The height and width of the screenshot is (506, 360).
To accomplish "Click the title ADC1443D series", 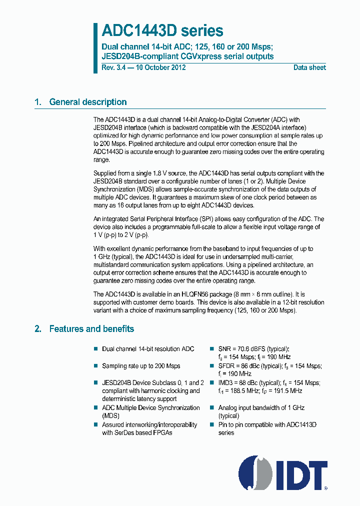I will [x=162, y=31].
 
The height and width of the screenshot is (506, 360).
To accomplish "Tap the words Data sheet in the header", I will [x=309, y=67].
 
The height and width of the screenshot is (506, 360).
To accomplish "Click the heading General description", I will [x=87, y=102].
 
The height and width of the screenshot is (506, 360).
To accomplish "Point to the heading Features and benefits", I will [x=91, y=328].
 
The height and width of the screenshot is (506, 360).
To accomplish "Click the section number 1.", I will [x=37, y=102].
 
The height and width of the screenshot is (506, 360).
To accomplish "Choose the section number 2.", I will [x=37, y=328].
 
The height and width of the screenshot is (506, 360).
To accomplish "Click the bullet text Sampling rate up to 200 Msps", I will [x=141, y=366].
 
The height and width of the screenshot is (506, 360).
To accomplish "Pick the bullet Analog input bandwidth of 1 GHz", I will [x=261, y=408].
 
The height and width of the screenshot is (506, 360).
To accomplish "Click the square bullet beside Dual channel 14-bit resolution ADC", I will [x=96, y=349].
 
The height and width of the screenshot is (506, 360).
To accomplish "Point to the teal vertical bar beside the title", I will [x=95, y=47].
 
